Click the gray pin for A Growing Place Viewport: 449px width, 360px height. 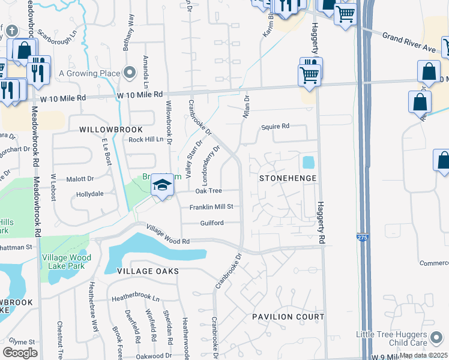coord(130,73)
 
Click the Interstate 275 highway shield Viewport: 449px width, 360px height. coord(362,237)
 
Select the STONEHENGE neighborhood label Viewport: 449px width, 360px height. coord(287,178)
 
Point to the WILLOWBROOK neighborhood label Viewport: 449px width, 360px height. coord(111,130)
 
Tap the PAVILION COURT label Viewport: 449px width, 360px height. coord(288,316)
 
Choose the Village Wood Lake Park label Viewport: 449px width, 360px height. coord(67,262)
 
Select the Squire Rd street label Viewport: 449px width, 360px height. coord(275,127)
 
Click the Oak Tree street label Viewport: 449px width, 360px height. coord(209,191)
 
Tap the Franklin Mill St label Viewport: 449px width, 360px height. coord(211,206)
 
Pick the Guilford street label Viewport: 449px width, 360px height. coord(212,223)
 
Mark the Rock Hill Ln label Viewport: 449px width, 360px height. coord(146,139)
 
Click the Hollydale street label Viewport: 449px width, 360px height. coord(90,195)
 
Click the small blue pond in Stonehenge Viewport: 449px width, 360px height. coord(308,162)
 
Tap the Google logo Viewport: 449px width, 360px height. coord(20,352)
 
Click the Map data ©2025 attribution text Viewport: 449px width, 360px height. coord(423,355)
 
